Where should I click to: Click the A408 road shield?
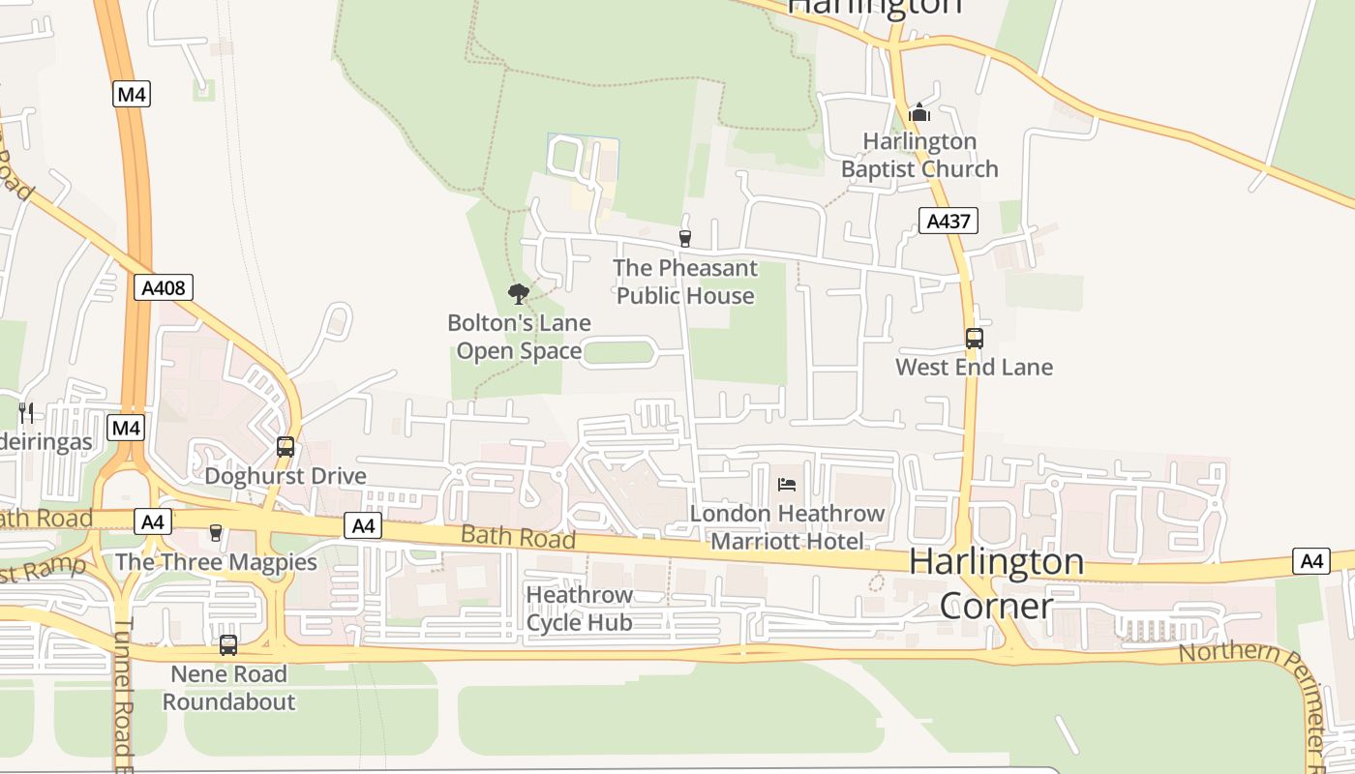pos(164,287)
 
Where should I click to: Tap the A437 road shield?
pos(948,221)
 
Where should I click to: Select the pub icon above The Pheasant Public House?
pos(685,238)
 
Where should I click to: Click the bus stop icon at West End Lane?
pos(974,339)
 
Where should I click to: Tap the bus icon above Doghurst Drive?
pos(286,447)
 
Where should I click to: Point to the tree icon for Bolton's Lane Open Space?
pos(519,294)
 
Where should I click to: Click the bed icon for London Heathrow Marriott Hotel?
pos(787,484)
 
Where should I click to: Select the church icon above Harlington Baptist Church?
pos(919,113)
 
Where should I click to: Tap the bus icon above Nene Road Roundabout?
pos(228,644)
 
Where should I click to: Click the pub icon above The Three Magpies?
pos(216,533)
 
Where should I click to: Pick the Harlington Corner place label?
pos(997,583)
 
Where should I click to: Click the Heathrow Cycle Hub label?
pos(579,609)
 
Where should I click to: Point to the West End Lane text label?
pos(974,367)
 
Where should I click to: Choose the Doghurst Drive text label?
pos(286,476)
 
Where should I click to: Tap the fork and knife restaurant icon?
pos(26,413)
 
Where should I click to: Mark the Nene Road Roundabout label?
pos(228,688)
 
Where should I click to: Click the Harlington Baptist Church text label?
pos(919,155)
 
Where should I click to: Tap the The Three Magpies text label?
pos(216,562)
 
